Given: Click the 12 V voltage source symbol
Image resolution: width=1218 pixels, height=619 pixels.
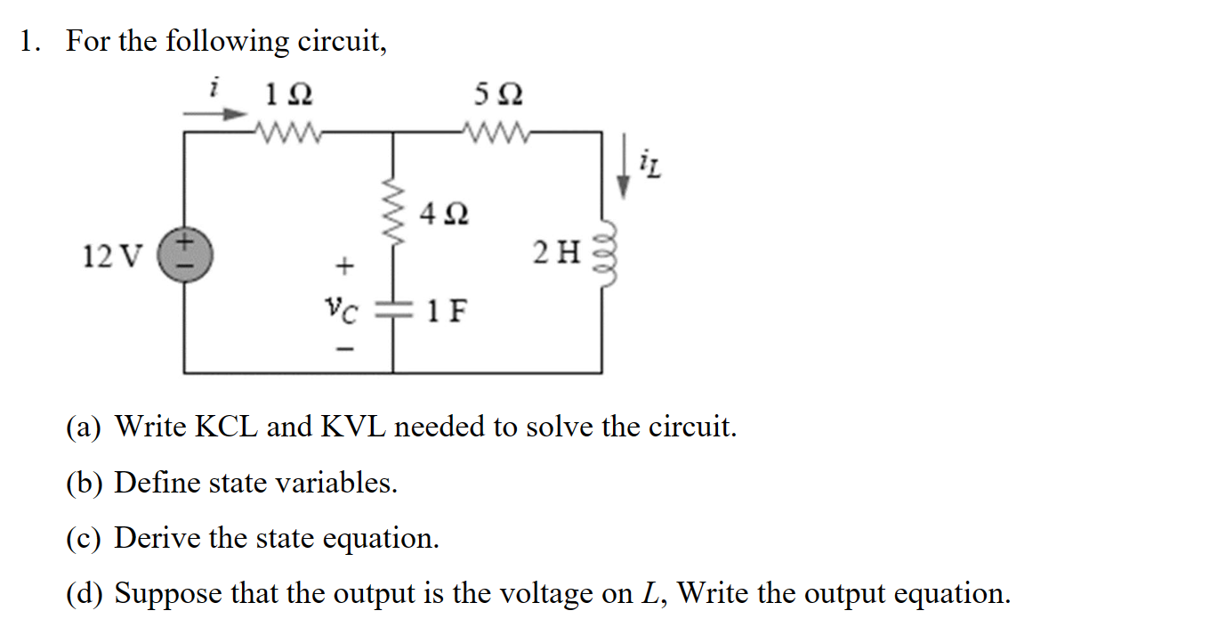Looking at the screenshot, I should click(184, 251).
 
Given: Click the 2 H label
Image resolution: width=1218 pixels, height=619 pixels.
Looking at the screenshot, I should click(557, 254).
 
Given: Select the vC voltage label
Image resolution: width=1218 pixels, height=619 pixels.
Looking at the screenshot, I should click(343, 311).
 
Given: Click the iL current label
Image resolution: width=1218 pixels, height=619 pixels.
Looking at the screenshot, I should click(649, 164).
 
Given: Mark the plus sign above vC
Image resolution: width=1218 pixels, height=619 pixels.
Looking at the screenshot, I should click(343, 265).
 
